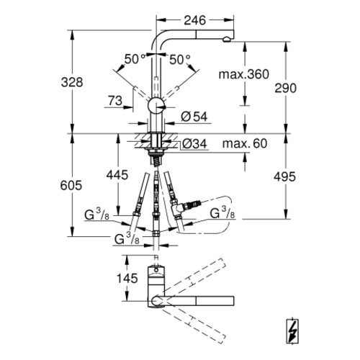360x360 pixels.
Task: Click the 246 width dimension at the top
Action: tap(194, 20)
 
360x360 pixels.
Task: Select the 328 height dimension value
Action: tap(72, 82)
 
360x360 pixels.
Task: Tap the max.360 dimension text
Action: tap(244, 74)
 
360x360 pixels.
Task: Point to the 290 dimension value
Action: tap(286, 88)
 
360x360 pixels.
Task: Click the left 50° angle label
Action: tap(135, 59)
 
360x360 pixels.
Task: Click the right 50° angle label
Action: tap(180, 60)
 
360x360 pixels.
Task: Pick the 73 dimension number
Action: tap(115, 101)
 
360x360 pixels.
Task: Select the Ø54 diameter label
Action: tap(194, 117)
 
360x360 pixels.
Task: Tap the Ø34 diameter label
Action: tap(194, 144)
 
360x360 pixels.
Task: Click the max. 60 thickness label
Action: tap(245, 143)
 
